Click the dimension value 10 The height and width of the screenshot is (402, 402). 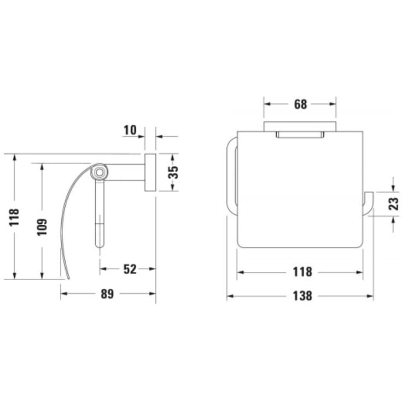click(x=130, y=130)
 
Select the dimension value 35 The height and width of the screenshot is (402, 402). click(x=173, y=172)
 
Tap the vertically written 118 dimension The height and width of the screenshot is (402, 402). click(x=14, y=217)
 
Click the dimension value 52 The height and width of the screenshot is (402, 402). click(x=130, y=269)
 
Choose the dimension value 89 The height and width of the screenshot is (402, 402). click(x=107, y=294)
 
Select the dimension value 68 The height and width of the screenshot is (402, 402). click(x=300, y=104)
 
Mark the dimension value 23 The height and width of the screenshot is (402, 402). click(x=393, y=204)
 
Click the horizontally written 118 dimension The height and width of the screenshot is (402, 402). click(x=301, y=271)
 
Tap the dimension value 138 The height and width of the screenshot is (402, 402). click(x=301, y=296)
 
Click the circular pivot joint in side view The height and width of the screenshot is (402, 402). click(x=99, y=173)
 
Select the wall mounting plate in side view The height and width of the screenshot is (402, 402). click(x=150, y=172)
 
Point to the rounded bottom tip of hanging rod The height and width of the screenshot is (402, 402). click(x=99, y=244)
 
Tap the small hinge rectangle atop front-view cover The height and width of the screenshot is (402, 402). click(x=300, y=135)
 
